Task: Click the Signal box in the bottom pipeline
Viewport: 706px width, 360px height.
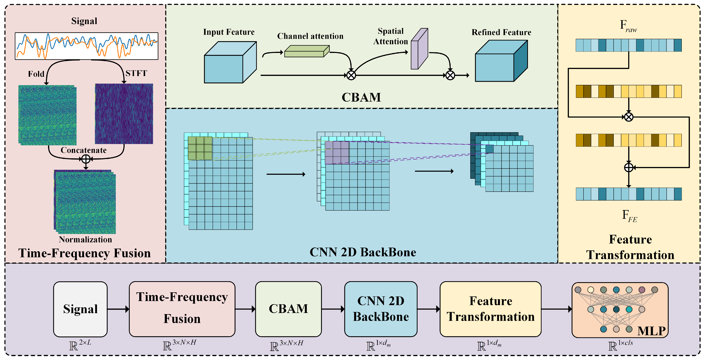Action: click(x=80, y=309)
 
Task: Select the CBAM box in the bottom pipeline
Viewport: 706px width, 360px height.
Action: click(x=288, y=309)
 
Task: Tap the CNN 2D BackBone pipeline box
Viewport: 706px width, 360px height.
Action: click(x=381, y=309)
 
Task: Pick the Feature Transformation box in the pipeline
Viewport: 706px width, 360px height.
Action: click(x=490, y=309)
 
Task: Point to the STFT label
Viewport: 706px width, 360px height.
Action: click(x=136, y=73)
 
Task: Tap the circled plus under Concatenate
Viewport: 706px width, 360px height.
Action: click(x=86, y=159)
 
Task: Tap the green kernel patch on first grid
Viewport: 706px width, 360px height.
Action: click(x=200, y=148)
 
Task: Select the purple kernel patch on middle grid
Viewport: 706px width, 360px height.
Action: click(x=337, y=153)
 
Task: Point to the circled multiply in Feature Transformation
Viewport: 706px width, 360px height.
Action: click(x=629, y=117)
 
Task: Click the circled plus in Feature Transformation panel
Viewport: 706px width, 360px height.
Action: click(x=629, y=167)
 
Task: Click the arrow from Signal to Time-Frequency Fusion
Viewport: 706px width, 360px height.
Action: click(x=118, y=309)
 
